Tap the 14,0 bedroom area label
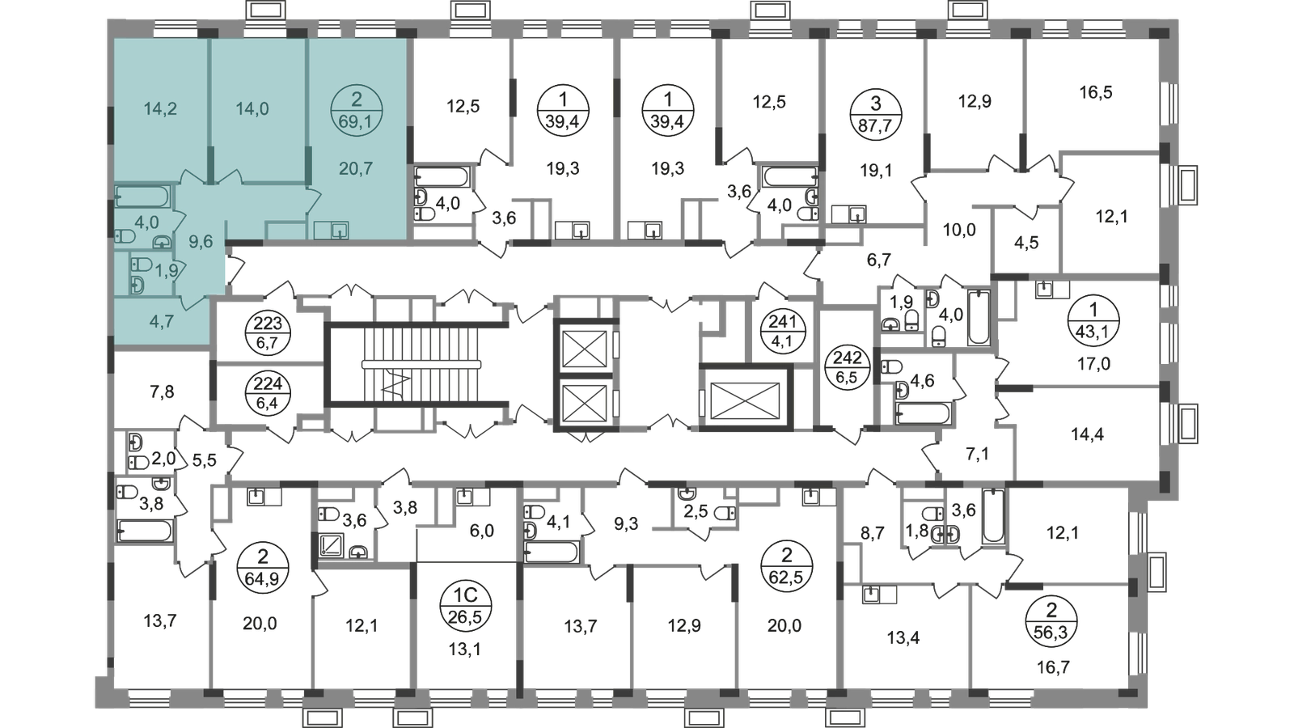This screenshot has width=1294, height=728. (252, 109)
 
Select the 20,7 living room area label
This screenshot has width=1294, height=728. (357, 169)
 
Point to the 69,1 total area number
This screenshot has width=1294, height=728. (357, 125)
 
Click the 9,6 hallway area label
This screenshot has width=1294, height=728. (201, 240)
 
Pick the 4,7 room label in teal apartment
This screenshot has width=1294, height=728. (163, 321)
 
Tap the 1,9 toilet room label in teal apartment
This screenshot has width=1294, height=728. (167, 271)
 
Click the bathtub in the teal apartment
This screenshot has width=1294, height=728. (142, 196)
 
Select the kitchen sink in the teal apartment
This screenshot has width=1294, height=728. (332, 231)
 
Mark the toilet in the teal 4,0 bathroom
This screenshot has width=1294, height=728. (125, 236)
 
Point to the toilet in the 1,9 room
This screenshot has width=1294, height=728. (137, 265)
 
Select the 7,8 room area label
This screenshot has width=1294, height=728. (162, 394)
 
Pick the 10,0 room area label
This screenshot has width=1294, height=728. (960, 231)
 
